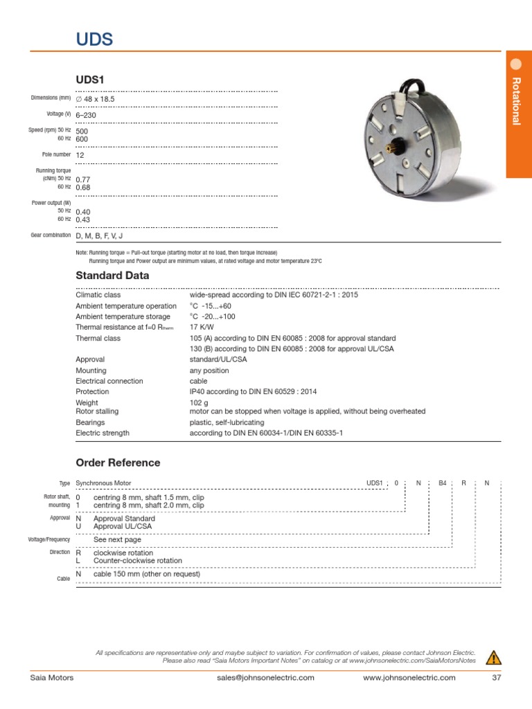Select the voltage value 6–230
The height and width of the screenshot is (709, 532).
tap(86, 114)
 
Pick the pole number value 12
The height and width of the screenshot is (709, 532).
tap(80, 156)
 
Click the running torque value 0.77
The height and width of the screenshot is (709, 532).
tap(83, 179)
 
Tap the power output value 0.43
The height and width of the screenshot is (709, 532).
tap(83, 219)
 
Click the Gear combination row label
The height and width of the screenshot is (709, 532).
tap(51, 235)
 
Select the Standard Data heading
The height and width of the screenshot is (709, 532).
tap(112, 276)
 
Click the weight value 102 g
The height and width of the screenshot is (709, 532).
tap(199, 402)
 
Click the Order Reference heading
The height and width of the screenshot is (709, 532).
tap(117, 463)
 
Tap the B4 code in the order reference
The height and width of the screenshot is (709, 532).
tap(443, 483)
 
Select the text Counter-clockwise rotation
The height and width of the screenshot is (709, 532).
tap(138, 561)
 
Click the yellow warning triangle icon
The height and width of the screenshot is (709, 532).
tap(493, 657)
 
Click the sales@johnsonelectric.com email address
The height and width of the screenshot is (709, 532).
tap(265, 678)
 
